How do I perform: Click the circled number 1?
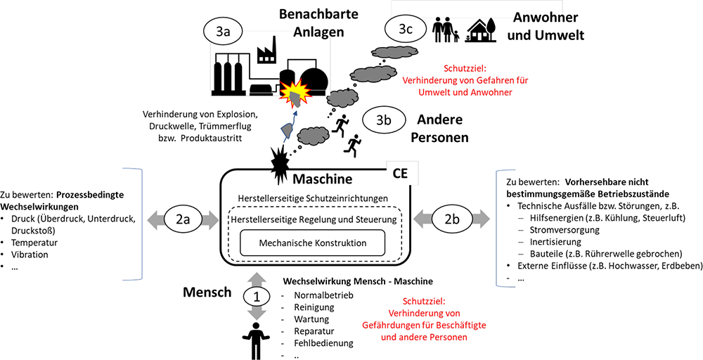[257, 297]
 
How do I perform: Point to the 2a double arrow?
[181, 219]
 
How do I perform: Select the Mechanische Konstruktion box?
[314, 243]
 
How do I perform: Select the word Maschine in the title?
[323, 179]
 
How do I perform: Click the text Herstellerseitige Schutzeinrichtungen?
[313, 198]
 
